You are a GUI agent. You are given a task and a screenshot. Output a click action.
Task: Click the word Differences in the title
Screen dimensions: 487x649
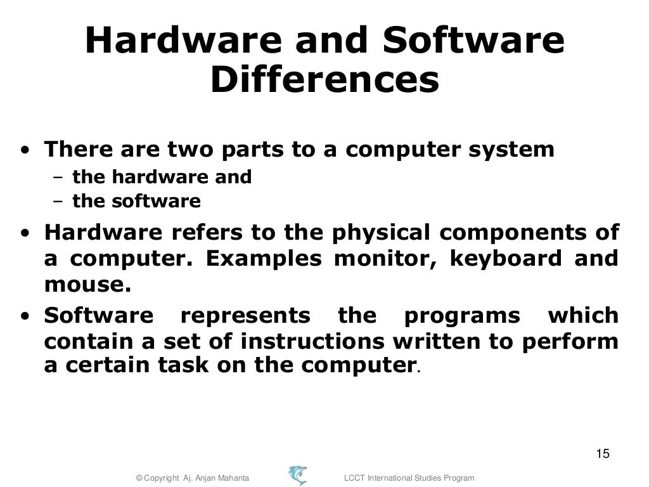tap(324, 81)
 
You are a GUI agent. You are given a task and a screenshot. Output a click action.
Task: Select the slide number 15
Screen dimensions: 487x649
tap(602, 453)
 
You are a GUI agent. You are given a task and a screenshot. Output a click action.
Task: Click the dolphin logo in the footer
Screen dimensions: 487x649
tap(297, 475)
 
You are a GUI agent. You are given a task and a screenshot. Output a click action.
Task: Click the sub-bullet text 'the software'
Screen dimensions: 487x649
tap(136, 202)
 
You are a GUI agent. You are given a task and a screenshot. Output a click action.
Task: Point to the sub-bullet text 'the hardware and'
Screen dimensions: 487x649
tap(162, 177)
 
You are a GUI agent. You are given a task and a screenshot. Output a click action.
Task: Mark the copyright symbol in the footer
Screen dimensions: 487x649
tap(140, 477)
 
